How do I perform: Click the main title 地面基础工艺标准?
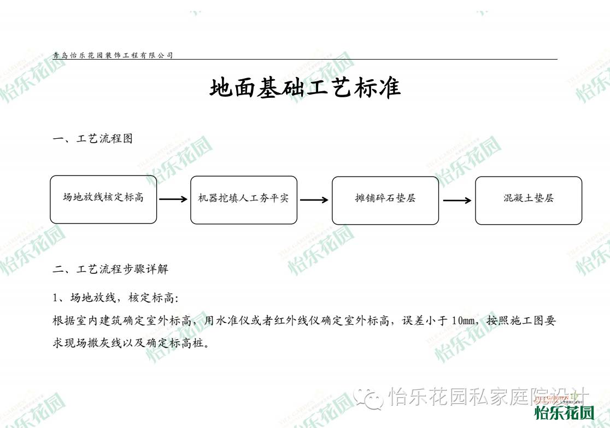[305, 87]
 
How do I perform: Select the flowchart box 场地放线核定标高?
[103, 199]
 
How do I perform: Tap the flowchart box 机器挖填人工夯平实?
[244, 200]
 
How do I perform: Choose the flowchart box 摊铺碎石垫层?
[385, 201]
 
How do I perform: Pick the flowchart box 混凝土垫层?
[529, 201]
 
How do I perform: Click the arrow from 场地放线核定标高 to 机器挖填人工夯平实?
[173, 199]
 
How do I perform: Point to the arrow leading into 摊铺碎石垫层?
[314, 200]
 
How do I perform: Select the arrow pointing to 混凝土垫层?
[457, 201]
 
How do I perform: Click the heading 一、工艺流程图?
[92, 138]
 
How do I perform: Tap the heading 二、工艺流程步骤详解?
[110, 269]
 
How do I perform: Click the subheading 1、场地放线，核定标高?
[115, 298]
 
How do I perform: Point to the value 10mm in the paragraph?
[464, 321]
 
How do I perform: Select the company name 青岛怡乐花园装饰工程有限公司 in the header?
[113, 55]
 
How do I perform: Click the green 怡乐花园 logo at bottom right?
[564, 413]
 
